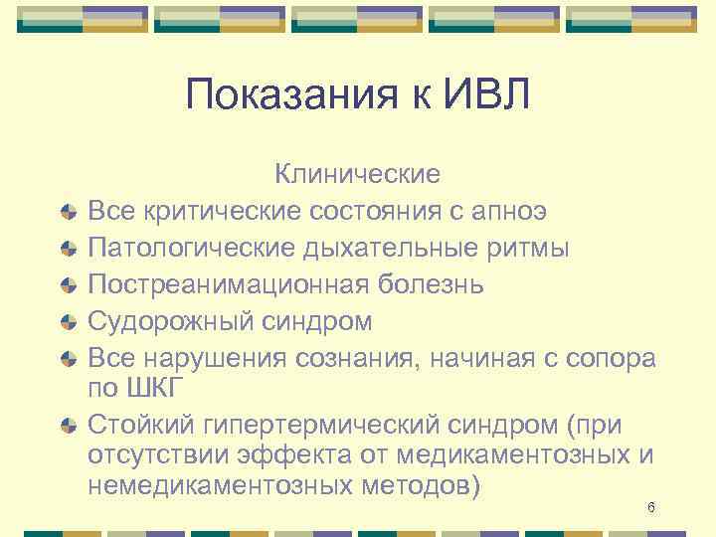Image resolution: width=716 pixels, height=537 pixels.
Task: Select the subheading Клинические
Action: (x=357, y=175)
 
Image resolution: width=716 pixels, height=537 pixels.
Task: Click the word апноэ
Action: (x=509, y=211)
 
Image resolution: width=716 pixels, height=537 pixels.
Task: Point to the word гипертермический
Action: (x=304, y=426)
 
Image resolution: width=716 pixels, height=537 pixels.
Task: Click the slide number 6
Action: (x=650, y=508)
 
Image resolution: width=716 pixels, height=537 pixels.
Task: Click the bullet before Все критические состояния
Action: (x=67, y=212)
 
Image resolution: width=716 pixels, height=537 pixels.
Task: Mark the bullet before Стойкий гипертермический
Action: (x=67, y=427)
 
